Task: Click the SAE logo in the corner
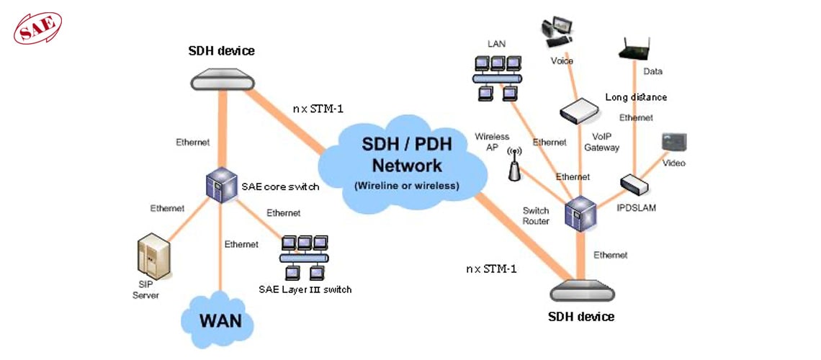pos(37,28)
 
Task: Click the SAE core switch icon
pos(221,185)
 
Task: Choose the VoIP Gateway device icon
pos(579,110)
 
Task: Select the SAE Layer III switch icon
pos(305,257)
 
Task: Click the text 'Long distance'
pos(635,97)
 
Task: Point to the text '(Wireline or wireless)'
pos(406,185)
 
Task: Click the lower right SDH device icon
pos(580,292)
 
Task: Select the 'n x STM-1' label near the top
pos(318,109)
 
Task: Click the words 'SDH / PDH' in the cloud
pos(406,144)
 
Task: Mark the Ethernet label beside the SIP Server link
pos(167,208)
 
